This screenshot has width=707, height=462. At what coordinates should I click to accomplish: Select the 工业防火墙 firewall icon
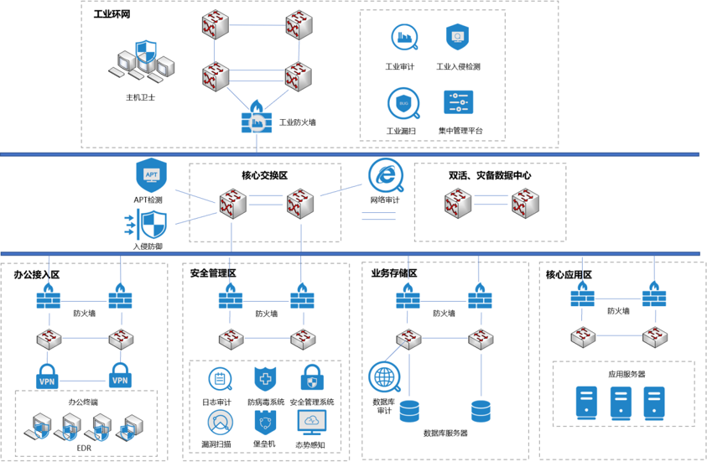pyautogui.click(x=255, y=119)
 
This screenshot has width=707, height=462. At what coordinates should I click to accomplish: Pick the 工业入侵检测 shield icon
pyautogui.click(x=457, y=38)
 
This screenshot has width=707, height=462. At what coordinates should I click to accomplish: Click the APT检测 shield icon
pyautogui.click(x=151, y=175)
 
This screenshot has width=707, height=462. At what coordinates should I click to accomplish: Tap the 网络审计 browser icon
pyautogui.click(x=385, y=175)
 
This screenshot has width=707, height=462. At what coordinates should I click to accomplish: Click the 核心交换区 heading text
pyautogui.click(x=264, y=176)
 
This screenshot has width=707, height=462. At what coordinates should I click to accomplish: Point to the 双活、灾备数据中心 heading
pyautogui.click(x=490, y=176)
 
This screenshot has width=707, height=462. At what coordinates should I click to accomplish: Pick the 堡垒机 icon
pyautogui.click(x=265, y=423)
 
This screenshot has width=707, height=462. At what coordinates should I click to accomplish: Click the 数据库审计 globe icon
pyautogui.click(x=385, y=376)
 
